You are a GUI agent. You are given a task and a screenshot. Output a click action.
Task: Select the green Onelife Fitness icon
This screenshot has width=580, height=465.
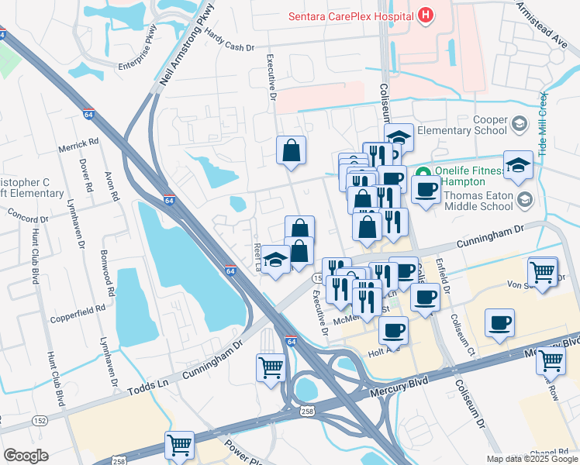click(x=423, y=172)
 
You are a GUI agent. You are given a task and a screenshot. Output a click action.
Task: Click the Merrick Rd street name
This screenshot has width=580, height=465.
click(x=79, y=145)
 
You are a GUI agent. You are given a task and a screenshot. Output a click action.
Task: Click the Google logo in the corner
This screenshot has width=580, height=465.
click(x=26, y=456)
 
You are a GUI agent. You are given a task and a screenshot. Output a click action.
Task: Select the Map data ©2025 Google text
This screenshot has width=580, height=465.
click(x=532, y=459)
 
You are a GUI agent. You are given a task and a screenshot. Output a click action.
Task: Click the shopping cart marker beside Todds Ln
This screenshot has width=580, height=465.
click(x=270, y=367)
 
